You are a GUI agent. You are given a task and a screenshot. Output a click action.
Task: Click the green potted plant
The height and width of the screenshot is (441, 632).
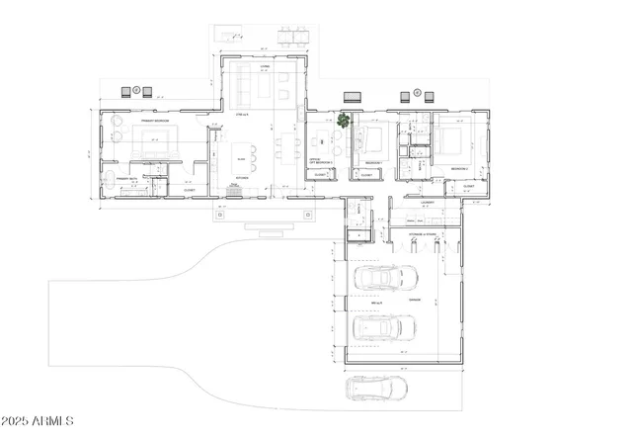pos(344,121)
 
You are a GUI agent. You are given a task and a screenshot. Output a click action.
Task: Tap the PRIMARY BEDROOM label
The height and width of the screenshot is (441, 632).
pos(155,120)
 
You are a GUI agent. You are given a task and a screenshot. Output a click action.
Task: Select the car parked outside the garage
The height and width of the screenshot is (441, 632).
pos(377,390)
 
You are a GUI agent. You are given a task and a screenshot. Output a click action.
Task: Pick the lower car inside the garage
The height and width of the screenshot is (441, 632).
pos(384,327)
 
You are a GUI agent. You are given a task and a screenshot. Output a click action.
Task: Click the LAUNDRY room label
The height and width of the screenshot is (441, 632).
pos(427,203)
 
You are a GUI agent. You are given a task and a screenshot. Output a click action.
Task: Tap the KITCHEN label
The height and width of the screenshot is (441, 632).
pos(242,178)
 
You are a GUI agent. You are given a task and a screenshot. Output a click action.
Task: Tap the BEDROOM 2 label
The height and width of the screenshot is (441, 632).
pos(460,168)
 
